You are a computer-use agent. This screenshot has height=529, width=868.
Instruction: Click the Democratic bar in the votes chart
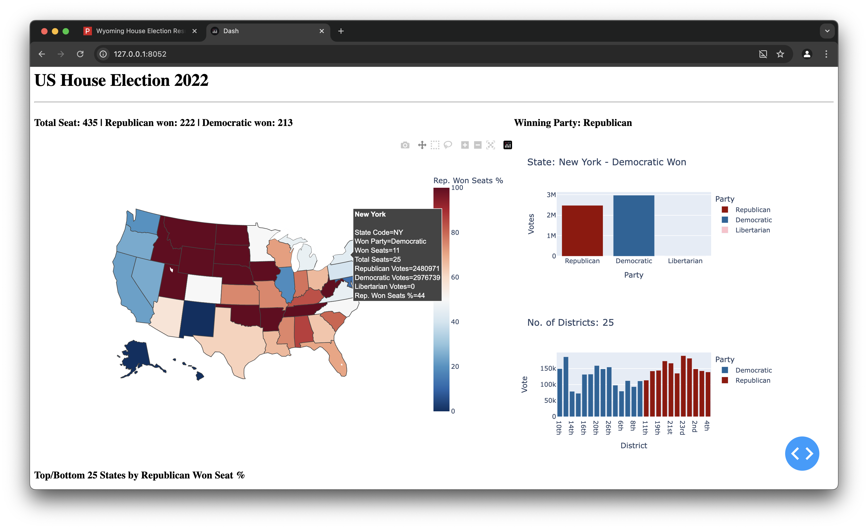[633, 225]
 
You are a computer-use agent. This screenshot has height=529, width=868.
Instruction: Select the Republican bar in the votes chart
[582, 231]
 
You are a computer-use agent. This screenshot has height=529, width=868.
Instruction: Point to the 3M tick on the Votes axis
[551, 195]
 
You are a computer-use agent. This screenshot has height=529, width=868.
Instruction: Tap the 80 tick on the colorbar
[455, 233]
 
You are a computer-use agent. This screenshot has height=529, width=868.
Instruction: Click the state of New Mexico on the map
[197, 319]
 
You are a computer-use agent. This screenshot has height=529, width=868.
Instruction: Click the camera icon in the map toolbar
[405, 145]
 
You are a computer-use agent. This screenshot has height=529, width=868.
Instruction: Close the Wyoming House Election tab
[195, 31]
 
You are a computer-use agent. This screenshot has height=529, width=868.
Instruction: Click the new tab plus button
[341, 31]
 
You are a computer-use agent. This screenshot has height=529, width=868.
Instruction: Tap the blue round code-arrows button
[801, 453]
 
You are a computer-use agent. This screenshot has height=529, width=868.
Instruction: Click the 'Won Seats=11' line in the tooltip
[377, 251]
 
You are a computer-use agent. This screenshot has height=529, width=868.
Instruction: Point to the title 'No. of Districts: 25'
[570, 323]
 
